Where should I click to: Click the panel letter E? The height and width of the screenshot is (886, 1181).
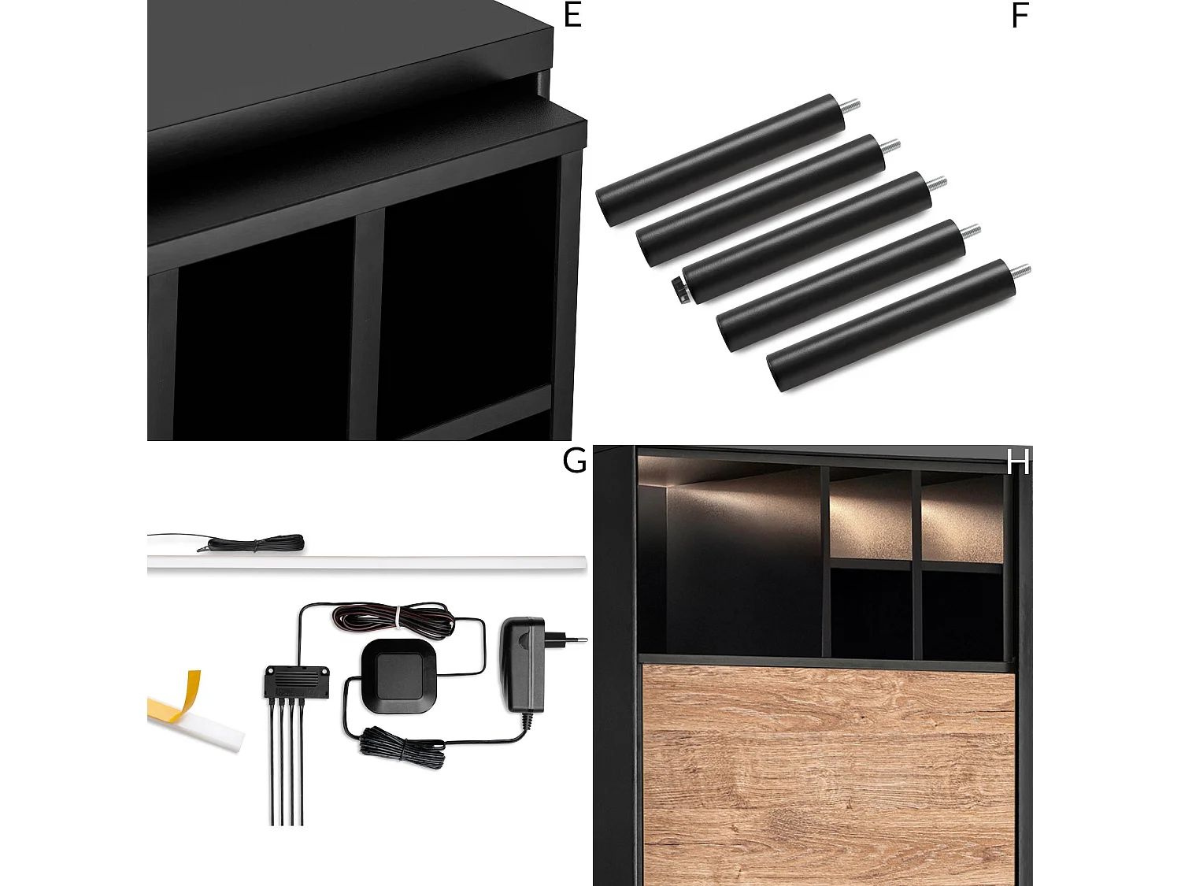572,16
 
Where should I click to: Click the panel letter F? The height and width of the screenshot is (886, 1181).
1020,17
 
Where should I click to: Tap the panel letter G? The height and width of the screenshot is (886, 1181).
574,461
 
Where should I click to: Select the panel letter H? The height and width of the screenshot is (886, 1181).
1019,462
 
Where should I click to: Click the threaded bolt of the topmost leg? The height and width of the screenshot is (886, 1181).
852,106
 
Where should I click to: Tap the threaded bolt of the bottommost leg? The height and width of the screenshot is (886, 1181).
1021,272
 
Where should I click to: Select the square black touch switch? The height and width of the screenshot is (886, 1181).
399,676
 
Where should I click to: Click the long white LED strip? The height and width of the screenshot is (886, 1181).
366,562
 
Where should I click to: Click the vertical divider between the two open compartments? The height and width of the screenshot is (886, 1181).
368,323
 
